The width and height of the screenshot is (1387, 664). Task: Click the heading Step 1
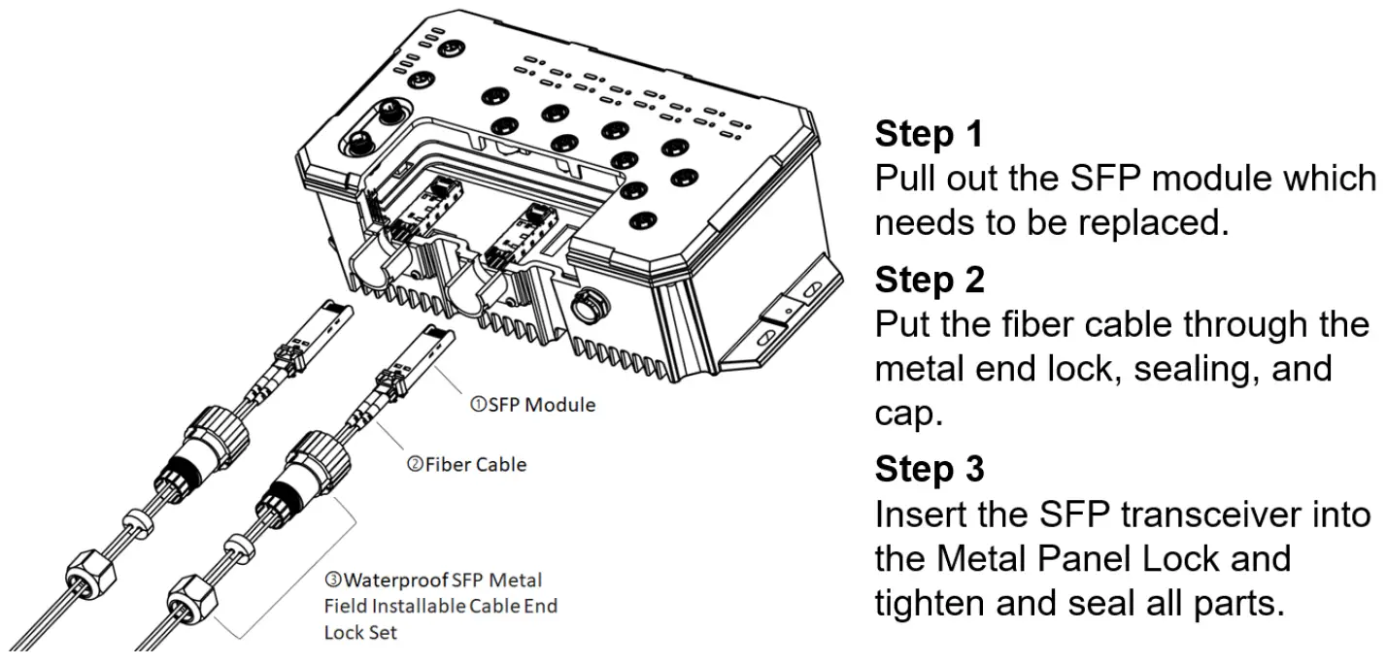pos(930,135)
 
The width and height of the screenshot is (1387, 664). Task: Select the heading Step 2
pos(930,280)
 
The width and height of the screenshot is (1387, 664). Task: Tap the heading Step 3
pos(930,469)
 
